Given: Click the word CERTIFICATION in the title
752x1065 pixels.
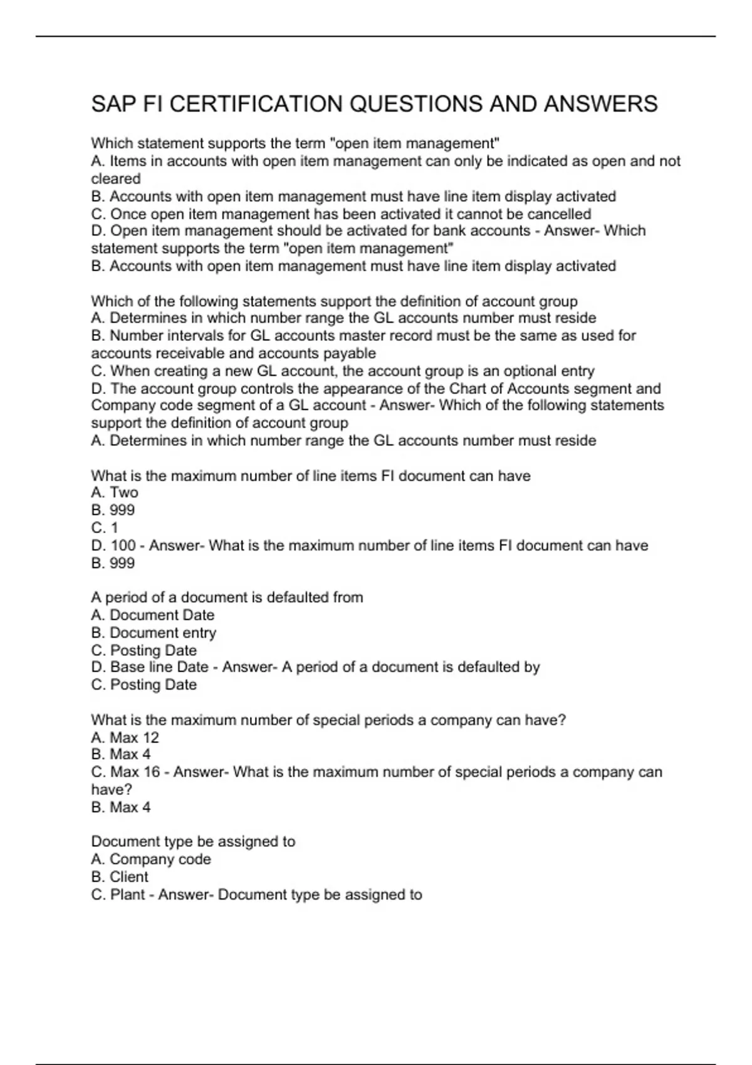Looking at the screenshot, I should click(x=256, y=104).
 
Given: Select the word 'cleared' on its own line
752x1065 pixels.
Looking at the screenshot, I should click(x=116, y=179).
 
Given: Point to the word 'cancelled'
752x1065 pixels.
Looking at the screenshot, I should click(x=558, y=214).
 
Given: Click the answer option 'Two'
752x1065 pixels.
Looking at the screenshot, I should click(x=124, y=492).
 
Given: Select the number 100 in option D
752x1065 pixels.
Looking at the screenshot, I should click(x=123, y=546).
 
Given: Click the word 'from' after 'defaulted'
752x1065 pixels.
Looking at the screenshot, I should click(x=348, y=598).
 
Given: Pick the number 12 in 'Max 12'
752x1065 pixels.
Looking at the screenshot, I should click(x=151, y=737).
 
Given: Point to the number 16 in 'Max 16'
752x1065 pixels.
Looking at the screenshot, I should click(x=152, y=772).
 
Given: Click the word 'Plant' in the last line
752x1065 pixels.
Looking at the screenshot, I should click(x=128, y=895).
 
